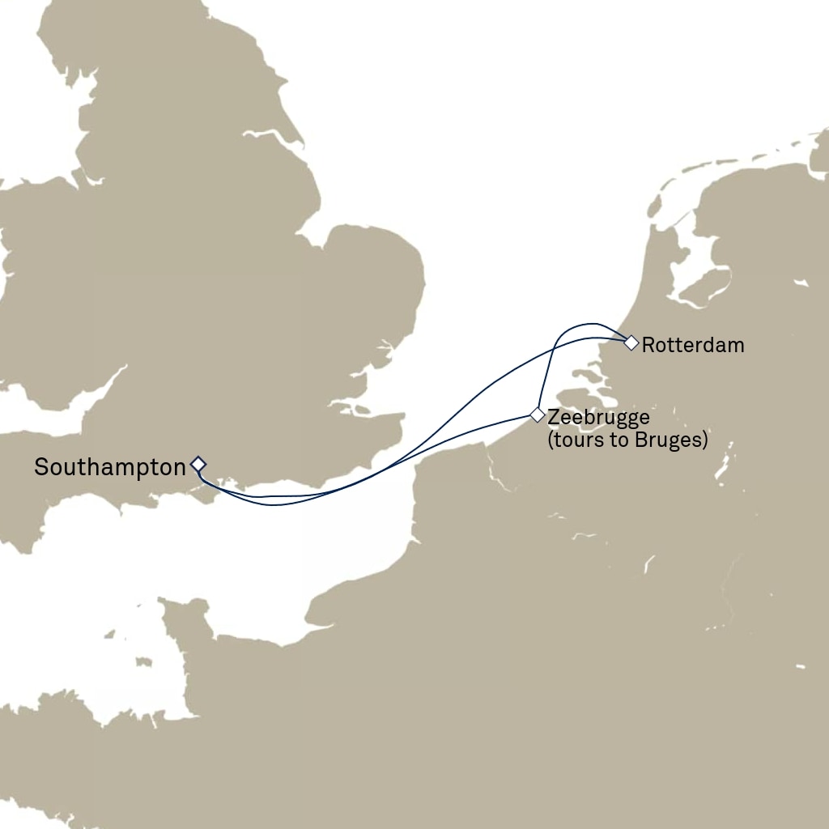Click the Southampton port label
[109, 467]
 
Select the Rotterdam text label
[692, 346]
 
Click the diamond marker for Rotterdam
[631, 342]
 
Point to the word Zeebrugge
[598, 418]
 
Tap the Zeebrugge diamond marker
[537, 414]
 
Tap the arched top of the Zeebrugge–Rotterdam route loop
[585, 324]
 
